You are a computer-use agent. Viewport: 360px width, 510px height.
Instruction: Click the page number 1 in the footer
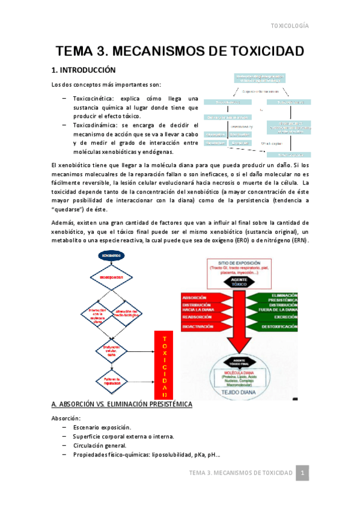[304, 473]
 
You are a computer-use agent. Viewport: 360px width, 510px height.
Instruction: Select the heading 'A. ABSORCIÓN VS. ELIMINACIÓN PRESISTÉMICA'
[121, 404]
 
